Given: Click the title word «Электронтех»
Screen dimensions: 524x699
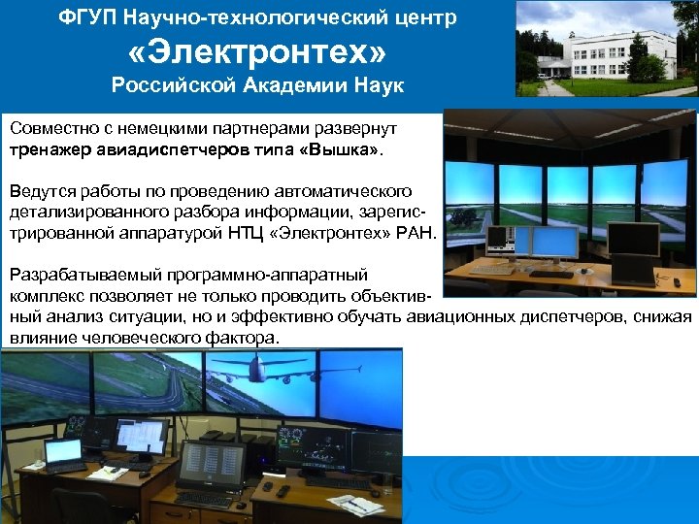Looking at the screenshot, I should click(x=256, y=51).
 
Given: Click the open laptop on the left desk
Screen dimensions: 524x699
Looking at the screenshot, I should click(x=64, y=453).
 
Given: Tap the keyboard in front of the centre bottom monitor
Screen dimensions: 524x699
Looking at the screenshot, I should click(x=205, y=498).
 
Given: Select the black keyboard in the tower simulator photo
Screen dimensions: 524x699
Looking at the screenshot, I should click(x=550, y=275).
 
